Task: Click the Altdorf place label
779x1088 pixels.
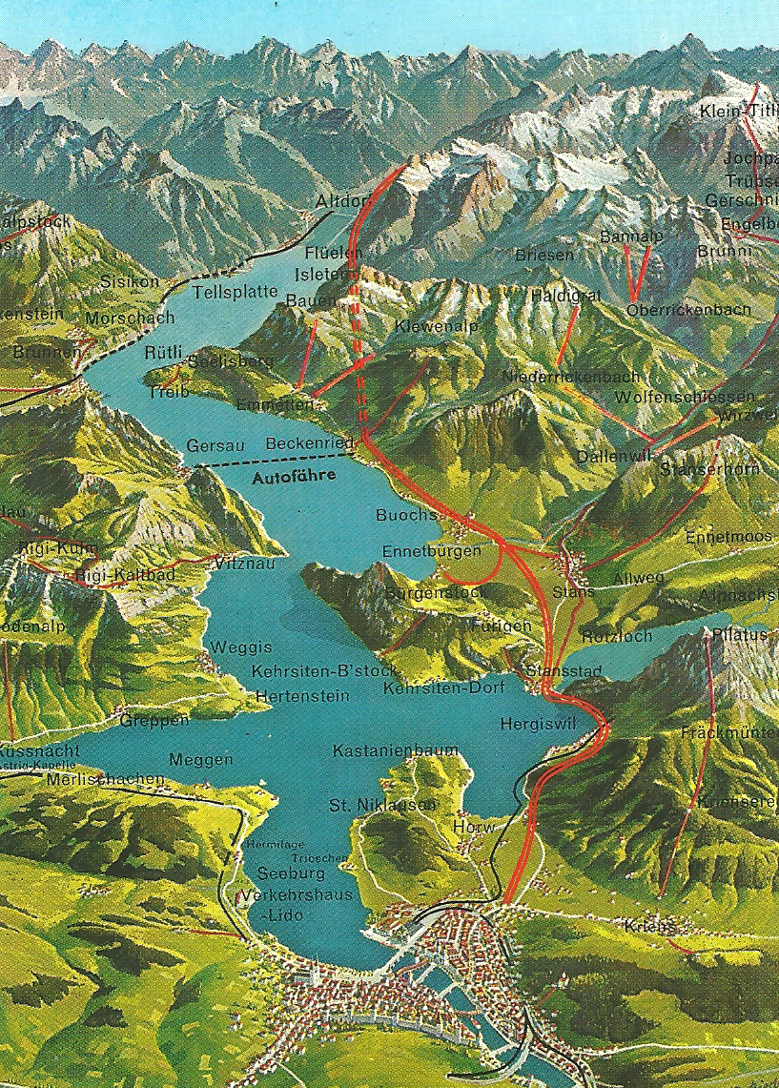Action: [341, 202]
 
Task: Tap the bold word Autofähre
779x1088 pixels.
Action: [295, 479]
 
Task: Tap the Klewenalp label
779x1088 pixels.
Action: [436, 327]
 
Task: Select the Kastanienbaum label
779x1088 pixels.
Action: [396, 751]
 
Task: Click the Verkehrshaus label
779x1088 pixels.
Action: [297, 895]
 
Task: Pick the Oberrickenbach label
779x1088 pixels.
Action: [688, 310]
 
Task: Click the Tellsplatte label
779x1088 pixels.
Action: [236, 292]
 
